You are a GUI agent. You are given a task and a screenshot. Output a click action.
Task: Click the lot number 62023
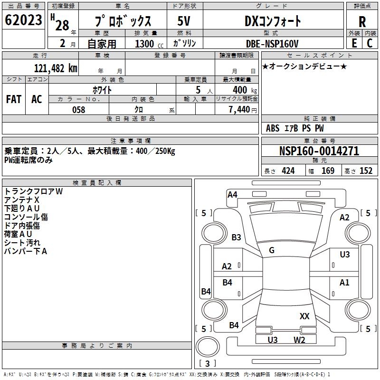point(23,19)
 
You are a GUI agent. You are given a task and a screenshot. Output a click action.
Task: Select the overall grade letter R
point(362,22)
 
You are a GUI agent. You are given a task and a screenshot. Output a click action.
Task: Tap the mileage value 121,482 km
point(56,68)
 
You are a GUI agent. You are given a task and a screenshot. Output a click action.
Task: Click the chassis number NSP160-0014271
point(319,151)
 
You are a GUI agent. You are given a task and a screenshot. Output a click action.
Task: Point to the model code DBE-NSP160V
point(272,44)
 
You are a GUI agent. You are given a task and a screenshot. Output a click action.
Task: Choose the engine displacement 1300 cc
point(149,44)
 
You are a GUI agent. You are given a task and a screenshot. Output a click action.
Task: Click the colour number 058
point(79,110)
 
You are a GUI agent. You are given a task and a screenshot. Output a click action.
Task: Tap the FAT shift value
point(14,99)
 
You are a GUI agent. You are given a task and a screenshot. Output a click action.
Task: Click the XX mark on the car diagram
point(304,316)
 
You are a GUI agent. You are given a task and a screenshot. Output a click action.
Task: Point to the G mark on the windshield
point(272,250)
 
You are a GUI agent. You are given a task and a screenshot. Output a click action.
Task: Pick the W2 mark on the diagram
point(299,340)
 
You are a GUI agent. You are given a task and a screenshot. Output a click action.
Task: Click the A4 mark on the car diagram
point(232,195)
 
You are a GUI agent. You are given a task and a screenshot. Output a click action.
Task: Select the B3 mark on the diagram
point(236,237)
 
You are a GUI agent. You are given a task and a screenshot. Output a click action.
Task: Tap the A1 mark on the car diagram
point(344,283)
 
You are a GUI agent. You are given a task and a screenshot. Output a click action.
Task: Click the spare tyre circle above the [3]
point(208,347)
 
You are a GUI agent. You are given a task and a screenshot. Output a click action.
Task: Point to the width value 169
point(328,171)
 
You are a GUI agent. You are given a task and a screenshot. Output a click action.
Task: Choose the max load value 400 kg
point(245,90)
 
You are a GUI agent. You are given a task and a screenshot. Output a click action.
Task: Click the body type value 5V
point(184,21)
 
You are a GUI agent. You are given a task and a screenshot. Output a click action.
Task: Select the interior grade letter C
point(370,43)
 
